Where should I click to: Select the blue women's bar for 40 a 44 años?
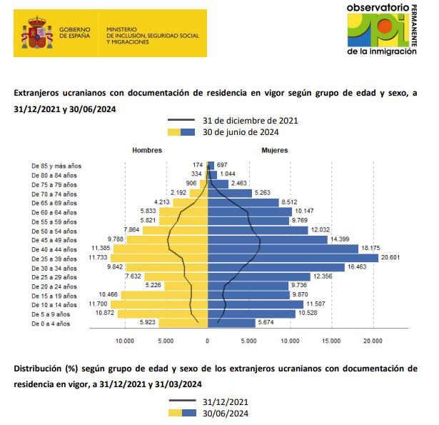pyautogui.click(x=282, y=249)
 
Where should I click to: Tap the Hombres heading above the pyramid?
pyautogui.click(x=147, y=151)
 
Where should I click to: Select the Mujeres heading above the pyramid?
pyautogui.click(x=275, y=151)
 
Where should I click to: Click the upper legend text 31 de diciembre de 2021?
pyautogui.click(x=250, y=120)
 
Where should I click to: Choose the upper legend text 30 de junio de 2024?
pyautogui.click(x=241, y=131)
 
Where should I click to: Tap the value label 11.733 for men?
pyautogui.click(x=98, y=257)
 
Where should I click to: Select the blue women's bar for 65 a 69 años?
pyautogui.click(x=243, y=202)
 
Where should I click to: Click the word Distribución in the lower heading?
pyautogui.click(x=39, y=368)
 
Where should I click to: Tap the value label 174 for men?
pyautogui.click(x=198, y=166)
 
